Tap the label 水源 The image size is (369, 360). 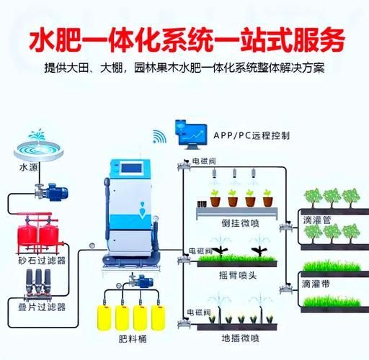[29, 170]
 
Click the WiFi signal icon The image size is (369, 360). [159, 137]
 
